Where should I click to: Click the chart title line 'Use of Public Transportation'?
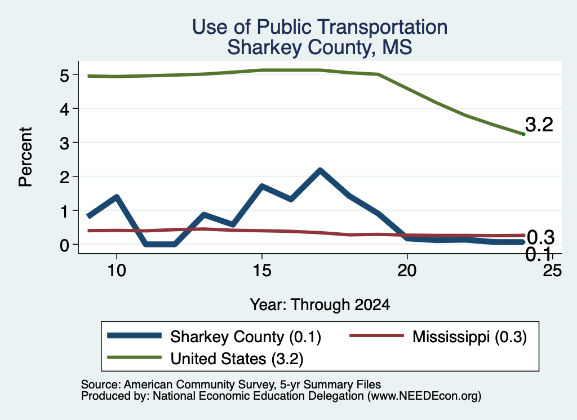point(320,27)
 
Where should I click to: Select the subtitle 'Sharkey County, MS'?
point(319,47)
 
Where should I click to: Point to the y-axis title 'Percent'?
point(25,157)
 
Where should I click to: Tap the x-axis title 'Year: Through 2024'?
point(320,305)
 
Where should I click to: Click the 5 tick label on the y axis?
point(64,76)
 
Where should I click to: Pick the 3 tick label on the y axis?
point(64,143)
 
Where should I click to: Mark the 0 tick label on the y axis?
point(64,245)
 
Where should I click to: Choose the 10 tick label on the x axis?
point(117,271)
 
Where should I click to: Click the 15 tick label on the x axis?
point(262,271)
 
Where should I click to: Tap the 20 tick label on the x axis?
point(407,271)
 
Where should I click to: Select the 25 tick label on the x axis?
point(552,271)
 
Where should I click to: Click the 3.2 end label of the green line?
point(539,125)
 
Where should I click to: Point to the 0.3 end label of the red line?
point(540,237)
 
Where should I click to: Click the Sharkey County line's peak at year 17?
point(320,171)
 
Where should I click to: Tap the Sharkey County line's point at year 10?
point(117,197)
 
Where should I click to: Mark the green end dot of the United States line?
point(523,134)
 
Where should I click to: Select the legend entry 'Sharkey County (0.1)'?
point(214,337)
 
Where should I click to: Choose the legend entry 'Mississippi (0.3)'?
point(438,337)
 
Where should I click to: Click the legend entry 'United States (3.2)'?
point(205,359)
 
